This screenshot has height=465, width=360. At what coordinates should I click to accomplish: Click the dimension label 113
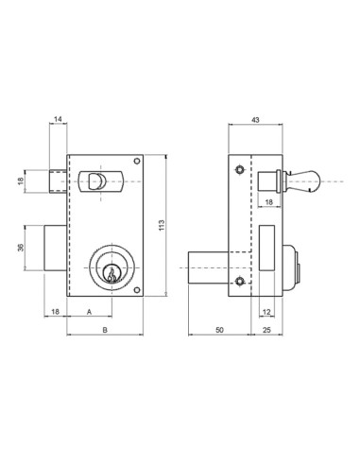pyautogui.click(x=162, y=225)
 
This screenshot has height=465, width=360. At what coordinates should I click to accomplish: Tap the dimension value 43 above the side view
pyautogui.click(x=255, y=120)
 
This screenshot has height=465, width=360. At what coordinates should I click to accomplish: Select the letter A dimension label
pyautogui.click(x=89, y=312)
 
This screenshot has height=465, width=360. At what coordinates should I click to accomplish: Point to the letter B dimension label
pyautogui.click(x=105, y=330)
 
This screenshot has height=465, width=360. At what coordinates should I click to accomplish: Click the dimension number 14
pyautogui.click(x=58, y=119)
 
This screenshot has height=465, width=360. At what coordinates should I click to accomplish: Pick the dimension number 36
pyautogui.click(x=21, y=248)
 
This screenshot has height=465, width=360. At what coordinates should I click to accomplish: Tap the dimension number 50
pyautogui.click(x=219, y=330)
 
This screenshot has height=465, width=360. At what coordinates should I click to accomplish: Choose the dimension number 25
pyautogui.click(x=266, y=330)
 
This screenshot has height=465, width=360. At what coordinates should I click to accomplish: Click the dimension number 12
pyautogui.click(x=266, y=312)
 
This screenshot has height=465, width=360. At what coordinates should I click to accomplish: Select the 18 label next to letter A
pyautogui.click(x=55, y=312)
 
